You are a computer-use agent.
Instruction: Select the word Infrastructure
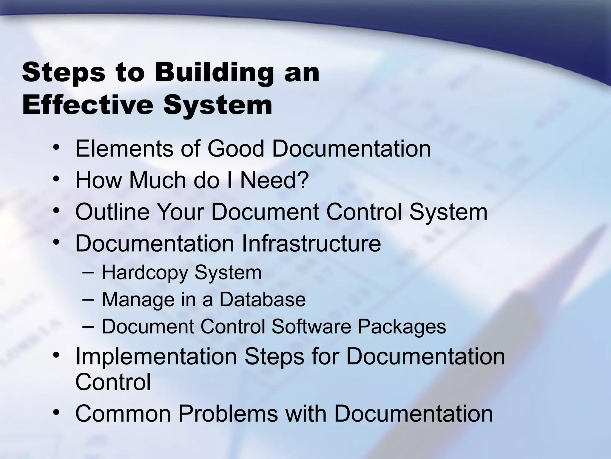point(311,244)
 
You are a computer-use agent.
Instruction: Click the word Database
point(263,300)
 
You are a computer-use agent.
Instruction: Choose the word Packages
point(402,326)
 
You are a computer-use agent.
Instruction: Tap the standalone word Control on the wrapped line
point(113,382)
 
